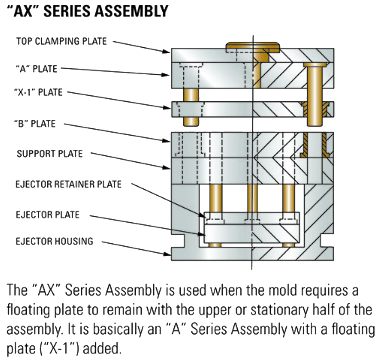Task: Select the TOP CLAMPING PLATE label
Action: (62, 41)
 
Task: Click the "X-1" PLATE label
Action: (38, 92)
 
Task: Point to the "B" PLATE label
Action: (35, 124)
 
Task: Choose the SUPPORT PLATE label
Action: (50, 154)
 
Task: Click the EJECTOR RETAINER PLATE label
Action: (69, 184)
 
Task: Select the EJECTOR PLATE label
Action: (48, 215)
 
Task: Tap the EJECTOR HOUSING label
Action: (54, 241)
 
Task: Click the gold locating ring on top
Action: (252, 46)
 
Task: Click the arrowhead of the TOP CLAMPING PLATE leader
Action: (168, 52)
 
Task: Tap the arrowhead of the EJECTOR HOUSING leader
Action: (168, 254)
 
